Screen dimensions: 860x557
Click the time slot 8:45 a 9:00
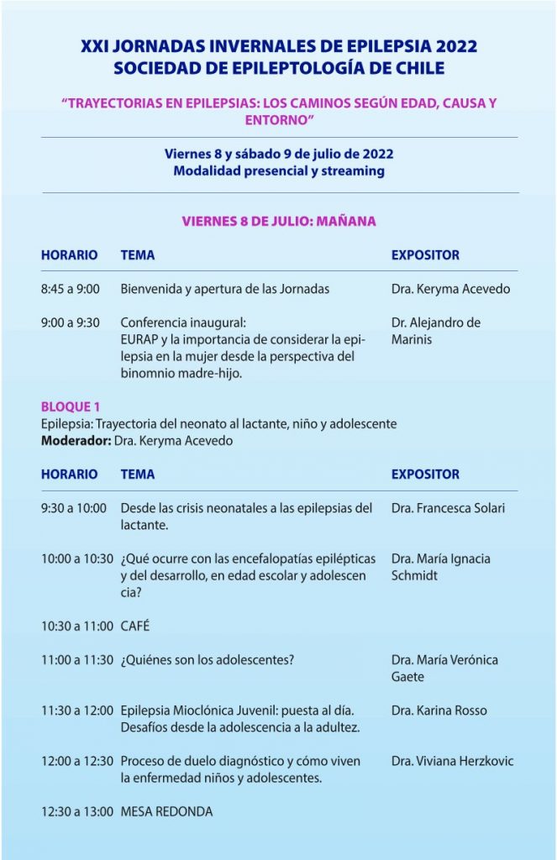pyautogui.click(x=71, y=289)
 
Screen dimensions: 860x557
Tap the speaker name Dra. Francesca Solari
pyautogui.click(x=448, y=508)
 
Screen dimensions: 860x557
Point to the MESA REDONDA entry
pyautogui.click(x=166, y=811)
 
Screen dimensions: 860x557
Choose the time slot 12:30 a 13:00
pyautogui.click(x=76, y=811)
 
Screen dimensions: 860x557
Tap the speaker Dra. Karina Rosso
pyautogui.click(x=439, y=711)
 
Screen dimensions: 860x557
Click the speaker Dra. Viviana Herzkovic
pyautogui.click(x=452, y=761)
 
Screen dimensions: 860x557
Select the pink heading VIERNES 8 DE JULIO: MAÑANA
pyautogui.click(x=279, y=222)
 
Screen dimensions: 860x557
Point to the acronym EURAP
pyautogui.click(x=139, y=339)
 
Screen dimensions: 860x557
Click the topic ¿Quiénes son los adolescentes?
pyautogui.click(x=208, y=659)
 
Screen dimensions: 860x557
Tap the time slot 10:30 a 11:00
pyautogui.click(x=76, y=626)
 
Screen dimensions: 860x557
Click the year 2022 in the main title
pyautogui.click(x=454, y=47)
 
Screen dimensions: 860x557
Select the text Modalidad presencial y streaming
pyautogui.click(x=279, y=170)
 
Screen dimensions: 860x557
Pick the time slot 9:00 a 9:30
pyautogui.click(x=71, y=322)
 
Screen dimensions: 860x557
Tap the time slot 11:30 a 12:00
pyautogui.click(x=76, y=711)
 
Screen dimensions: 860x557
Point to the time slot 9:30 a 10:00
pyautogui.click(x=74, y=508)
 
